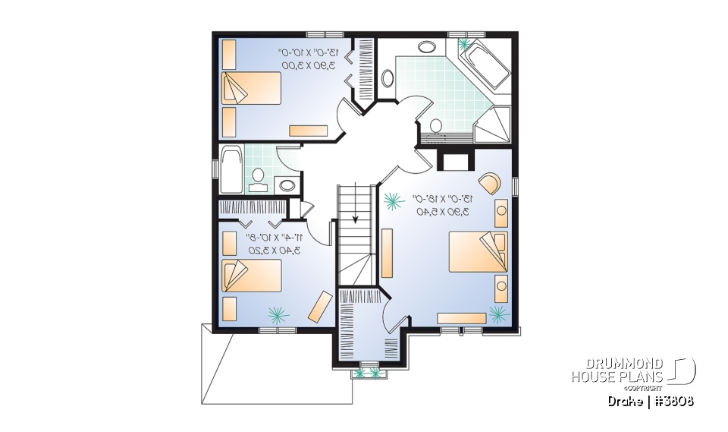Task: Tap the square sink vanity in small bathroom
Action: [x=287, y=184]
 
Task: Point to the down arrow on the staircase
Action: [x=356, y=216]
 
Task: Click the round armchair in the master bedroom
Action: [x=489, y=184]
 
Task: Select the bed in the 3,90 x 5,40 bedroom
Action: [x=479, y=252]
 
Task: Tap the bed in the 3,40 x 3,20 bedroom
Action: [x=251, y=276]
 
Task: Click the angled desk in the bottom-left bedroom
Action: [x=319, y=305]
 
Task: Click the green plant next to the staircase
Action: [x=393, y=201]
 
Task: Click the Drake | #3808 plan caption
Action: [x=651, y=400]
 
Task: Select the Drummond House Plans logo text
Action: [x=617, y=371]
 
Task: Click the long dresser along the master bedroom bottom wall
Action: [x=461, y=317]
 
